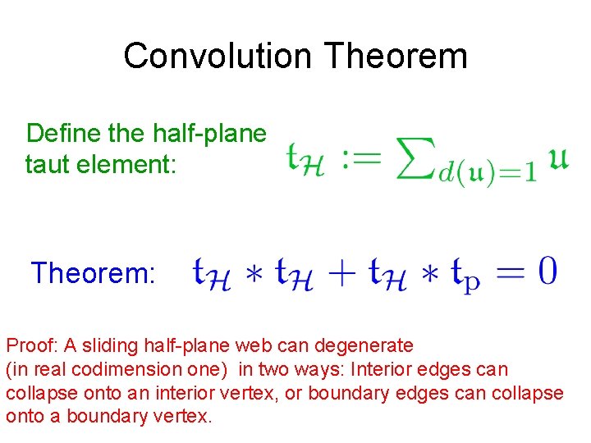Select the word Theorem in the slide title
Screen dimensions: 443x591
395,56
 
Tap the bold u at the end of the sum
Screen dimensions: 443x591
557,157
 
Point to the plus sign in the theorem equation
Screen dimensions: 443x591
347,272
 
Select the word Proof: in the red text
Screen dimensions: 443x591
30,345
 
